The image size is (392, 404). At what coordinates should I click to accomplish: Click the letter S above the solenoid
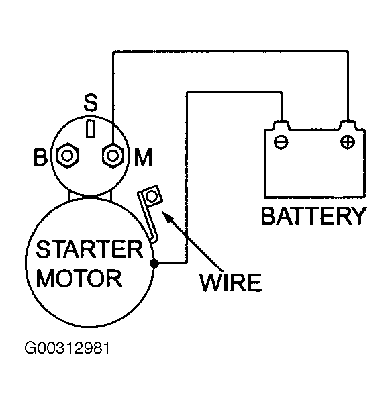91,103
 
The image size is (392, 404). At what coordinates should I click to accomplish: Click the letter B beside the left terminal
40,157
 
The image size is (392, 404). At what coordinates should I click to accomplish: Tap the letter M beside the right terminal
143,157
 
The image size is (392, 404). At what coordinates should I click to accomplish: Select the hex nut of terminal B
68,156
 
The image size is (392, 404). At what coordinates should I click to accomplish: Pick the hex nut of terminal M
113,156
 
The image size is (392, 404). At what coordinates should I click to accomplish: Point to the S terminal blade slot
91,129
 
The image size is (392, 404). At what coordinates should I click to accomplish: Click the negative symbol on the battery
281,142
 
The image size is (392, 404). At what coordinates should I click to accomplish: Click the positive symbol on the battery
348,142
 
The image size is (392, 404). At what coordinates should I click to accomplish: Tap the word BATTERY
313,216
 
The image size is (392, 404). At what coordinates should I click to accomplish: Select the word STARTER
89,249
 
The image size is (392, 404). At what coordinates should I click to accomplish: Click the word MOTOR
79,279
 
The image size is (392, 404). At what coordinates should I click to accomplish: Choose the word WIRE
231,283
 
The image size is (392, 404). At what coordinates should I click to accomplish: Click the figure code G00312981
67,348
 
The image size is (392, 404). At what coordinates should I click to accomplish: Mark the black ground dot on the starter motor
154,263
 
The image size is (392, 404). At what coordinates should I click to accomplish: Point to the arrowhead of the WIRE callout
166,215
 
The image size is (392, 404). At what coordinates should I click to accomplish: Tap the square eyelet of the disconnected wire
151,196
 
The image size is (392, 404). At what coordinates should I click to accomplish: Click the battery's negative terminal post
281,125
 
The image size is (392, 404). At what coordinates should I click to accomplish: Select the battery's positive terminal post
348,125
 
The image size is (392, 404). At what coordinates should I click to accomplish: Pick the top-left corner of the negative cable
187,92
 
